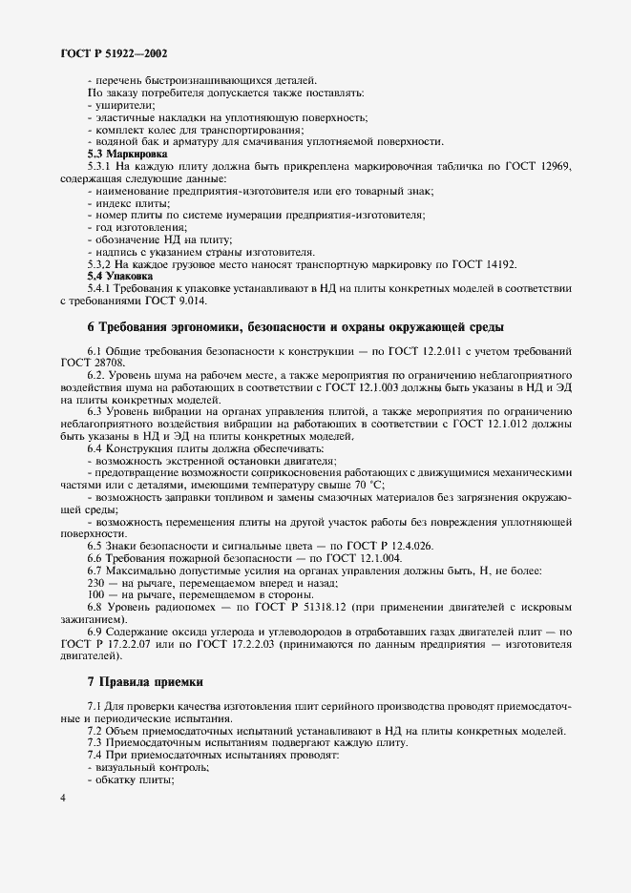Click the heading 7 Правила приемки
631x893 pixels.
click(144, 681)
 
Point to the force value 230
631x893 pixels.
click(96, 582)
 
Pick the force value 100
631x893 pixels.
click(96, 593)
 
